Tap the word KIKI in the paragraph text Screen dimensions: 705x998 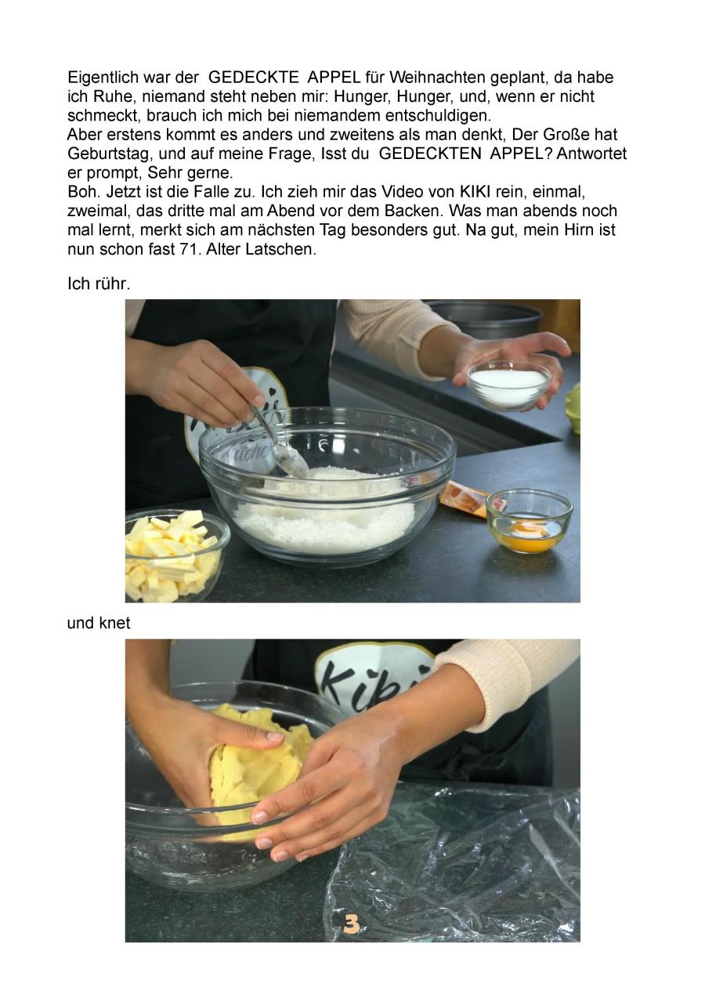[475, 192]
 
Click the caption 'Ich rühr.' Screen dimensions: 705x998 [99, 284]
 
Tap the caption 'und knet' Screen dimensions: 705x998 [99, 623]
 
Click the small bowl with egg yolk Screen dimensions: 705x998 [529, 521]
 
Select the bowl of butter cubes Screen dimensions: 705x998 [174, 555]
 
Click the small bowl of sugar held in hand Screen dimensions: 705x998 [508, 385]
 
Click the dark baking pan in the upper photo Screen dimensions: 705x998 [485, 319]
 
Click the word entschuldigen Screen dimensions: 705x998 [438, 116]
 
